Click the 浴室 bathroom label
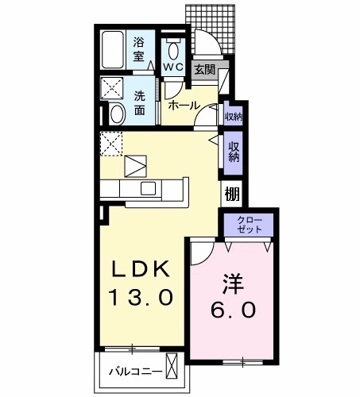[139, 49]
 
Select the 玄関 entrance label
[204, 70]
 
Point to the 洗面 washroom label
[140, 102]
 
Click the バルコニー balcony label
[136, 372]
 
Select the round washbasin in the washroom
[116, 113]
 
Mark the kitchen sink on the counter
[149, 188]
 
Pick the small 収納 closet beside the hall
[233, 117]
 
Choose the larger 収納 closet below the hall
[234, 151]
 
